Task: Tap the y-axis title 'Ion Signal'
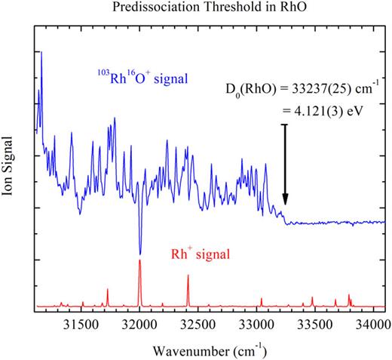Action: (x=10, y=177)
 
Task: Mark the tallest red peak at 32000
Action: (x=139, y=260)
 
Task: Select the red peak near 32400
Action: (x=188, y=276)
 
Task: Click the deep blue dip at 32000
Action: (x=139, y=253)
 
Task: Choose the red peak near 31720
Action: (x=107, y=289)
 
